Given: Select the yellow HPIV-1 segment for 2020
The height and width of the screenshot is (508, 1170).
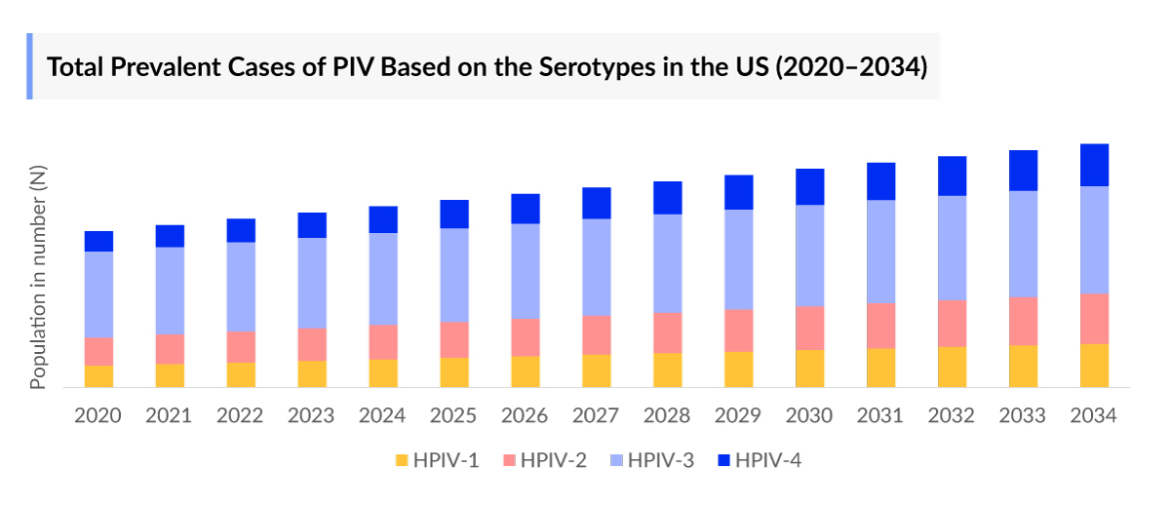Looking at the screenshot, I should [98, 376].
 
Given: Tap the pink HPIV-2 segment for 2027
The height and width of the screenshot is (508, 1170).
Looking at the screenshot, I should [597, 334].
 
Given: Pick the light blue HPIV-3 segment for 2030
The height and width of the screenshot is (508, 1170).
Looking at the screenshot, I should [810, 255].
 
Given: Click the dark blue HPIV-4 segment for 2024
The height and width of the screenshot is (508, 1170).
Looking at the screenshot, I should [383, 219].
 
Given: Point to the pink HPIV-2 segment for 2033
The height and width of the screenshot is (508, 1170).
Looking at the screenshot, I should [1023, 321].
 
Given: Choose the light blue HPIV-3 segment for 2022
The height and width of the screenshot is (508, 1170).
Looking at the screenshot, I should [241, 287].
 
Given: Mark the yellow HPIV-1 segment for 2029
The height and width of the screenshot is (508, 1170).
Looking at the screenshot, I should [739, 370].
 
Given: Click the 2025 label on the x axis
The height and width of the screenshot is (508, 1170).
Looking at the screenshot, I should [454, 416].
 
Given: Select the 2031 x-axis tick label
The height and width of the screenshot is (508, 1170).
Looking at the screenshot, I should [881, 416].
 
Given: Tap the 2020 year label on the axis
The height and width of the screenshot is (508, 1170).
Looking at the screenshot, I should [98, 416].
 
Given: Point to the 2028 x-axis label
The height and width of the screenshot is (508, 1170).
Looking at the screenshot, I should [668, 416].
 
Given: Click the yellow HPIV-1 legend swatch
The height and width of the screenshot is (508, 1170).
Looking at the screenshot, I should [402, 460].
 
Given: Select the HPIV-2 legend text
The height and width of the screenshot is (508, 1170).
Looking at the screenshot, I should [554, 460].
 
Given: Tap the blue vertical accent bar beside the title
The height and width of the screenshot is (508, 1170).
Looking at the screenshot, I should [29, 66].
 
